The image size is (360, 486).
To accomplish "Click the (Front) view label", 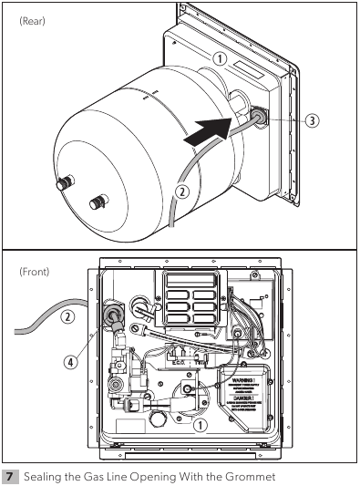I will coord(35,271).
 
